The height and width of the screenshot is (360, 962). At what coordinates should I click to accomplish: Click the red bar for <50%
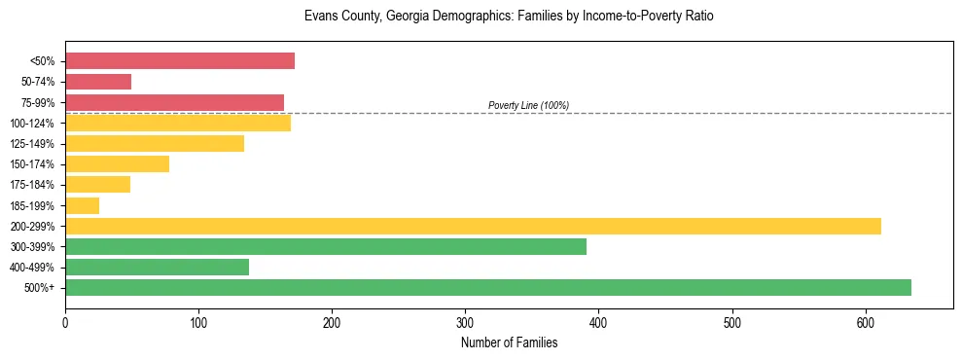tap(180, 61)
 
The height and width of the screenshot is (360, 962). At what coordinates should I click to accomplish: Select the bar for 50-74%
tap(98, 82)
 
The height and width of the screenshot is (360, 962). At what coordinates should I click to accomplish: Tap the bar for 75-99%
tap(174, 102)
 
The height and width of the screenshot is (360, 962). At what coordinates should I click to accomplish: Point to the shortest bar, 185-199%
tap(83, 205)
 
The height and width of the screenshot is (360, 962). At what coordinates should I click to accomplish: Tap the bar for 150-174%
tap(117, 163)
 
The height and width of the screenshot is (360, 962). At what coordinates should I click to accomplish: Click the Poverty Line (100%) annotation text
tap(528, 105)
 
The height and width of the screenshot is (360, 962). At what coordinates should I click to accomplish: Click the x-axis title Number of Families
tap(509, 342)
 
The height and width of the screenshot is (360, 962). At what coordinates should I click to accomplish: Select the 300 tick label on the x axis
tap(465, 323)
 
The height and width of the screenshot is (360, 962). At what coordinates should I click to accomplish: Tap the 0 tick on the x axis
tap(65, 323)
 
